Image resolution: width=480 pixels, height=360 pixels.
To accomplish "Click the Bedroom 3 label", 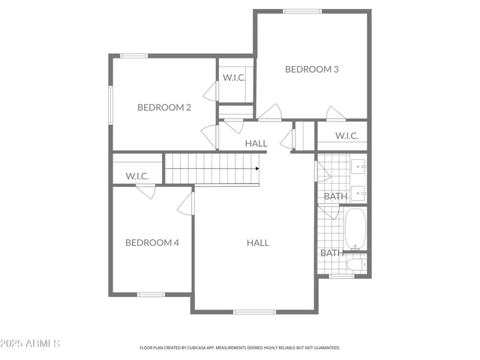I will [312, 69].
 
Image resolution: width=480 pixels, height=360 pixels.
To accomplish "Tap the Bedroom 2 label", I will [163, 107].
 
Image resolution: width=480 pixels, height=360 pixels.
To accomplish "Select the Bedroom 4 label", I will [151, 242].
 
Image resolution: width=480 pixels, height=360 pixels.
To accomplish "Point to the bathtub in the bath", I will [354, 228].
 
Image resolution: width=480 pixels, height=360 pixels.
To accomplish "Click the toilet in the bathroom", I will [357, 263].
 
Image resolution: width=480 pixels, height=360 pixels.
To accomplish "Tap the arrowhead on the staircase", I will [257, 168].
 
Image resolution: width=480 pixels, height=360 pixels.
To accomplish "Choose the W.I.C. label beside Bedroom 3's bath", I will [346, 136].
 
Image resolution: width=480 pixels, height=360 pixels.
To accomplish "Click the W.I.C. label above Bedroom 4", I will [137, 175].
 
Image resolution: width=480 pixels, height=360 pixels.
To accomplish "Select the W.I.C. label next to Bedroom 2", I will [235, 77].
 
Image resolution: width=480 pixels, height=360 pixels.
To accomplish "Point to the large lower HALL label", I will [258, 242].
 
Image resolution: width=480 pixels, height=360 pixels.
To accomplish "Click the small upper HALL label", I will [256, 143].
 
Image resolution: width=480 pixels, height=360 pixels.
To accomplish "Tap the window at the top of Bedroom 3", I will [302, 11].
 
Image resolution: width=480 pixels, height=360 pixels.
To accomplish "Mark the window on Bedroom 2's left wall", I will [111, 104].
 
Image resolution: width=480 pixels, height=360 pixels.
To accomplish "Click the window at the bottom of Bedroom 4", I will [151, 294].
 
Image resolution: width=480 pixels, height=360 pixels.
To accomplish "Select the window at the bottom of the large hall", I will [253, 311].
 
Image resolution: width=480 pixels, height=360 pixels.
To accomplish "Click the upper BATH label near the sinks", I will [334, 196].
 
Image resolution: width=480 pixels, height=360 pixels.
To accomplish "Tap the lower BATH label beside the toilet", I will [331, 253].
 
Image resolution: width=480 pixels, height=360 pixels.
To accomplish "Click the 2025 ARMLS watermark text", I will [31, 343].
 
